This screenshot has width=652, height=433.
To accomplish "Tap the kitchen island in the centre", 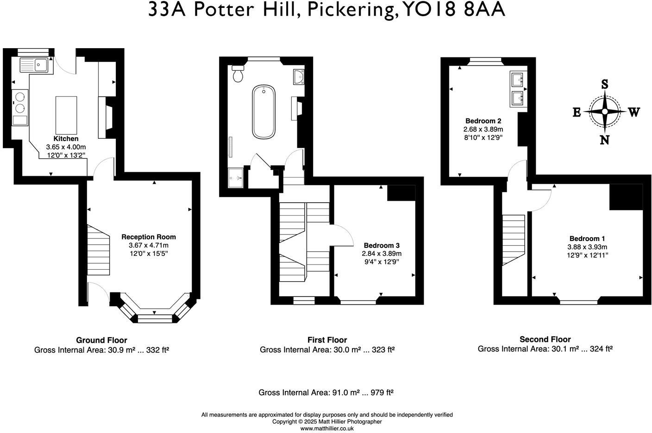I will [66, 115].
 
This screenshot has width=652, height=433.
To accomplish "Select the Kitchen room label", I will [66, 139].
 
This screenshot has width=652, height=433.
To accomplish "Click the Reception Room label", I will [148, 237].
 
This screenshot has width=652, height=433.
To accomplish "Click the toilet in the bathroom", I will [238, 74].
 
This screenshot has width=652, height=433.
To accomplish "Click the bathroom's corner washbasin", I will [299, 77].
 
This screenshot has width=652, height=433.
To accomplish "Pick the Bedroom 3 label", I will [381, 246].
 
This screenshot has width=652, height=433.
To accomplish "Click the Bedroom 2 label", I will [483, 121].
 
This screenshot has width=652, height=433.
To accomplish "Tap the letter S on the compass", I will [604, 84].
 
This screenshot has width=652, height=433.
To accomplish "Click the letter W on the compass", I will [633, 112].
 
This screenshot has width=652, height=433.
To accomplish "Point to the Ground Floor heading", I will [101, 340].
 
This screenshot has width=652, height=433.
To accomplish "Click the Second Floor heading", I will [545, 339].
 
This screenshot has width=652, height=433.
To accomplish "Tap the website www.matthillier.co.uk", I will [327, 428].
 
